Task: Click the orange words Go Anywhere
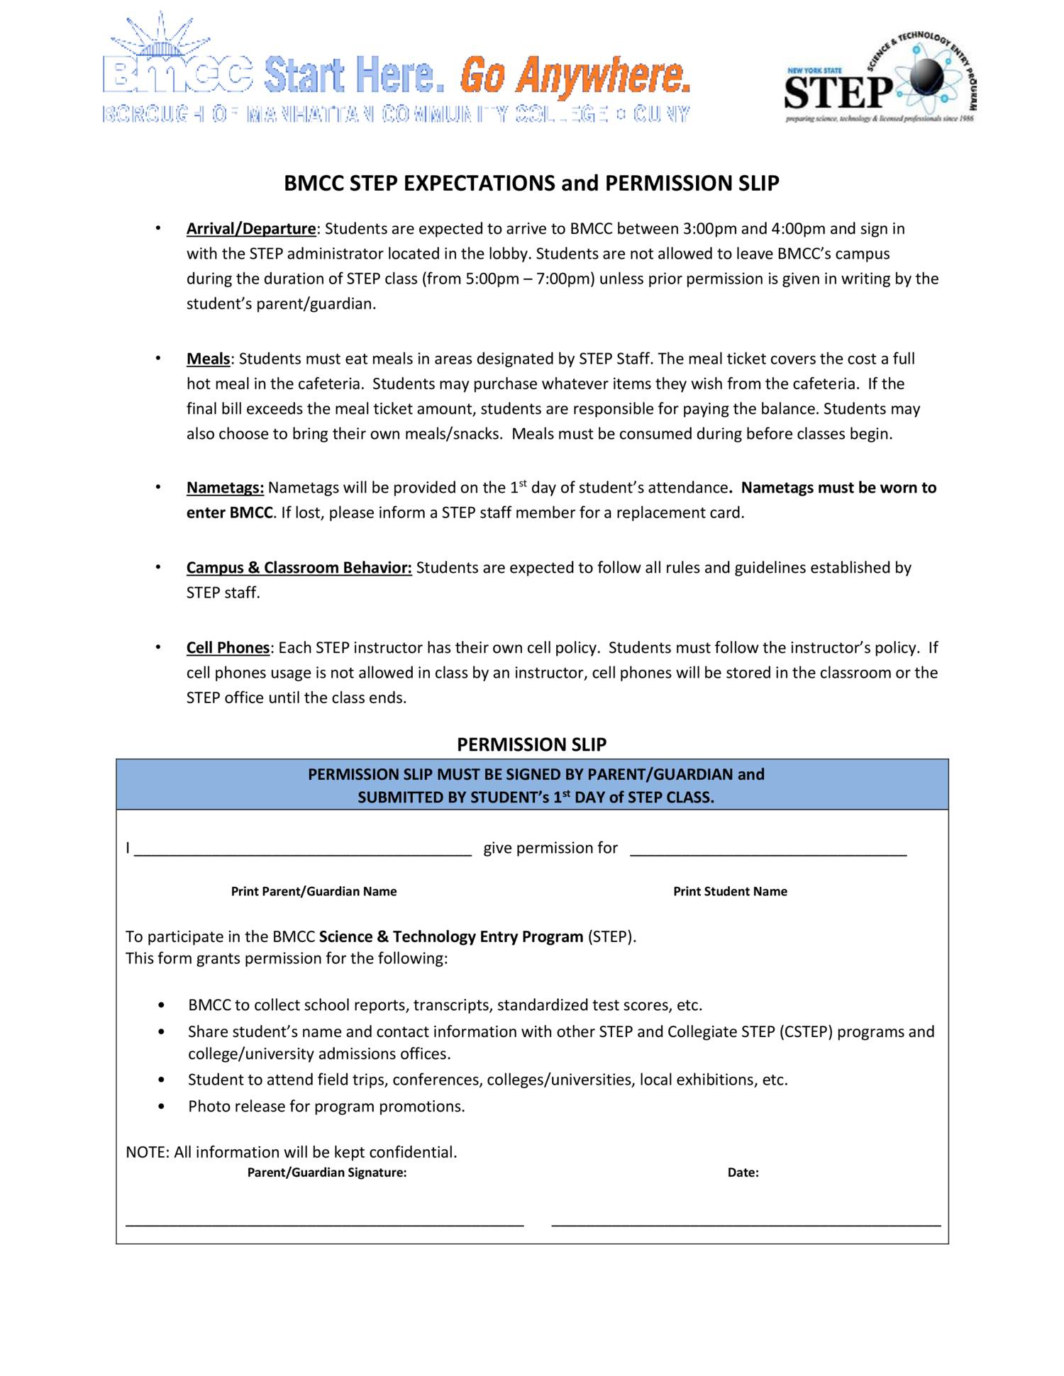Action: click(x=575, y=76)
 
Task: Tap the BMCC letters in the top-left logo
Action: click(x=177, y=74)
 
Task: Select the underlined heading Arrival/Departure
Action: click(x=250, y=229)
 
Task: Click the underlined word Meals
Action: click(x=208, y=359)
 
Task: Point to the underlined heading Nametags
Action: click(x=225, y=488)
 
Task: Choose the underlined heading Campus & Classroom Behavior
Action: click(x=299, y=568)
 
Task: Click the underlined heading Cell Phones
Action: click(x=228, y=648)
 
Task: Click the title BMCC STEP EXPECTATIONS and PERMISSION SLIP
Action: click(x=531, y=184)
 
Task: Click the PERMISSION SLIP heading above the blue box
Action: click(x=531, y=744)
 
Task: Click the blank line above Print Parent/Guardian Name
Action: click(x=303, y=854)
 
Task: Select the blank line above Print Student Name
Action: click(x=767, y=854)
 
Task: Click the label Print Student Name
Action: click(x=730, y=892)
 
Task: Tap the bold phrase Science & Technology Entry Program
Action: click(x=450, y=936)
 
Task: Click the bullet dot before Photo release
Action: click(x=162, y=1107)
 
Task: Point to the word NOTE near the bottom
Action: click(x=146, y=1153)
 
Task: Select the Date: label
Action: click(x=743, y=1173)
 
